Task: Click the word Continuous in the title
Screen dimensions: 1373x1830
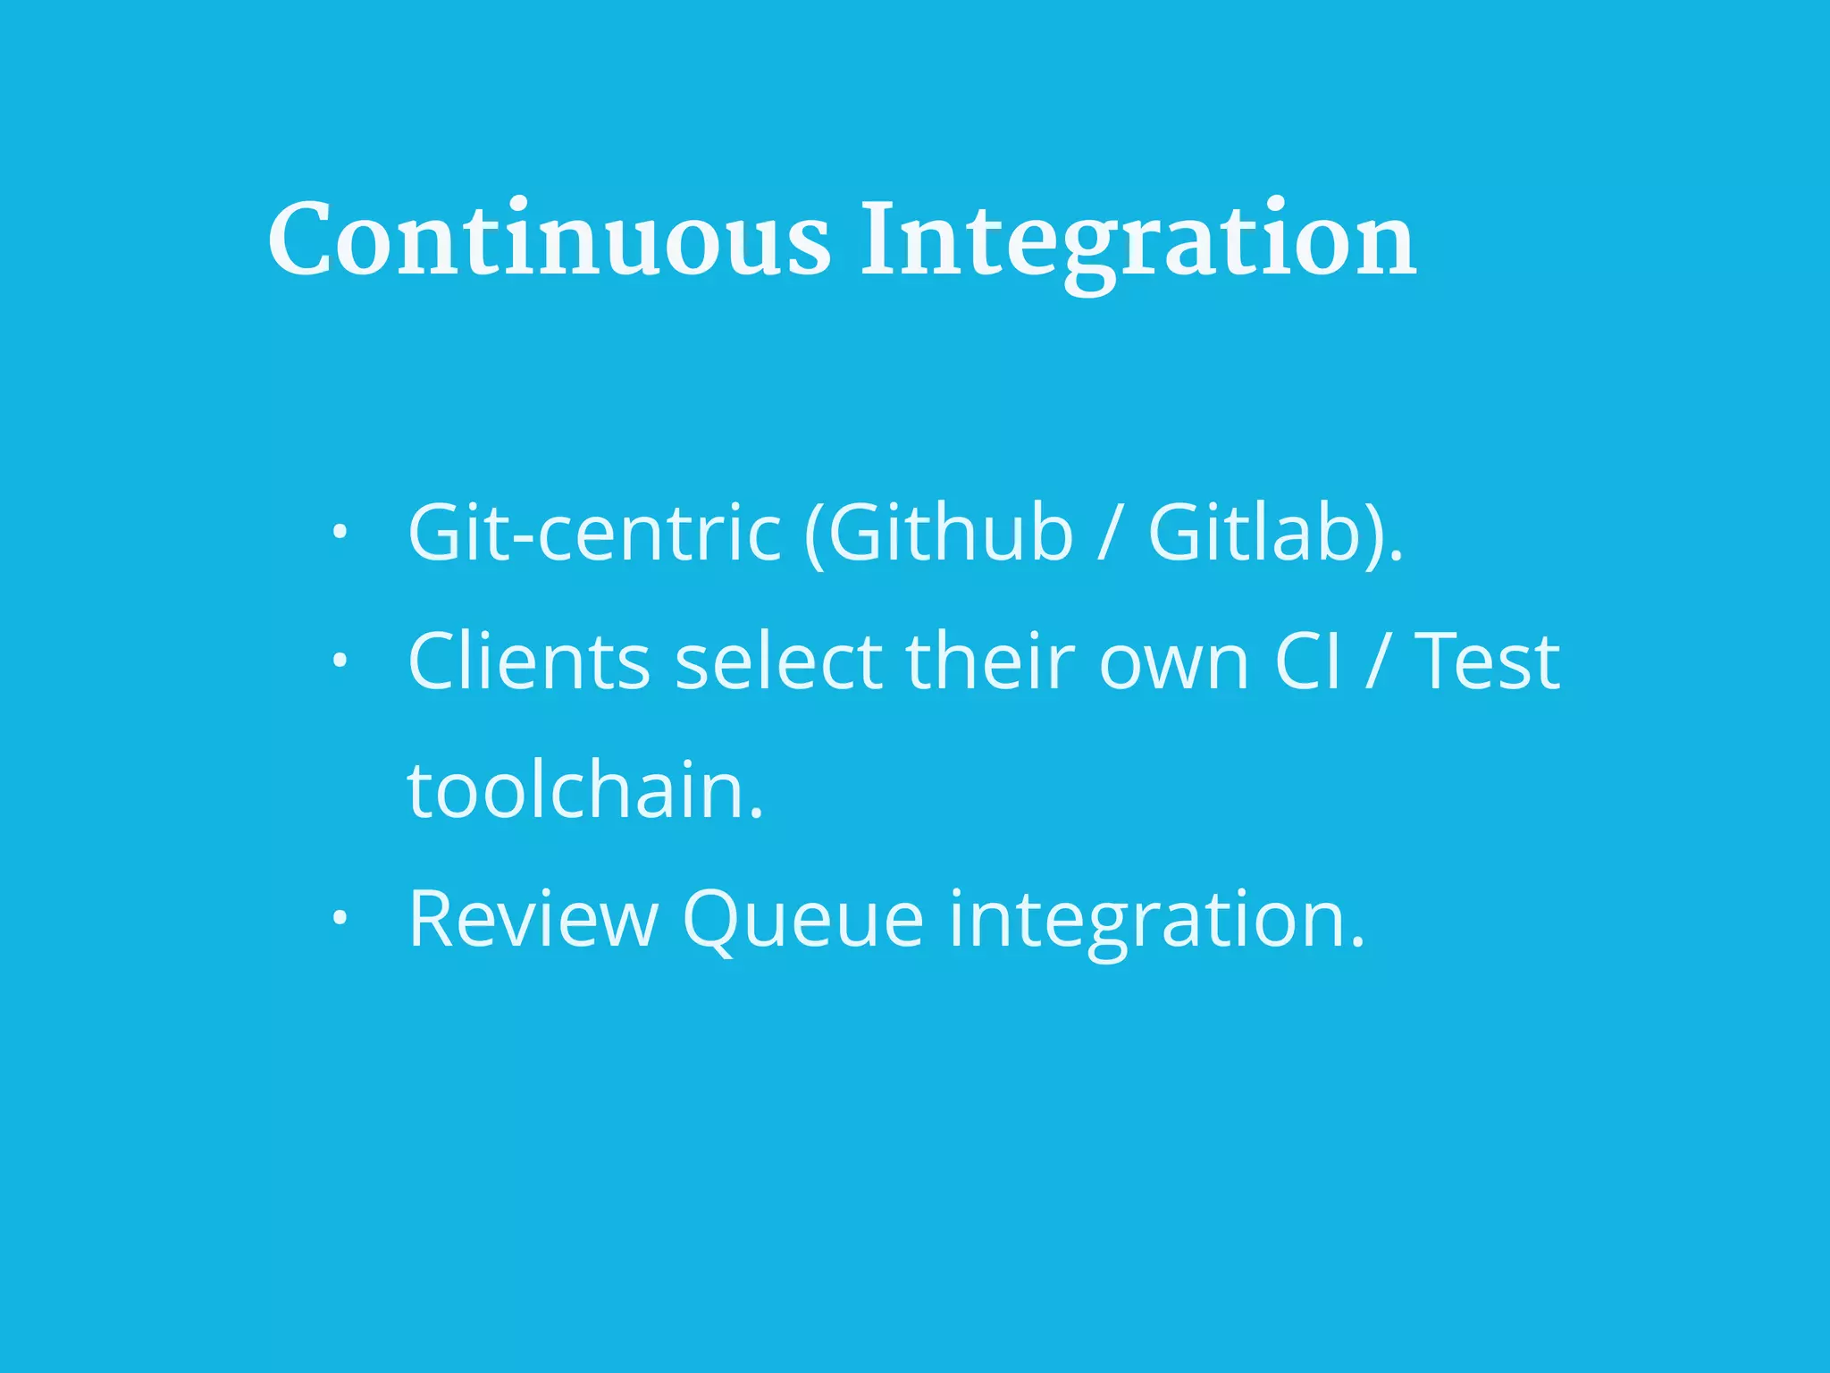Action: (549, 240)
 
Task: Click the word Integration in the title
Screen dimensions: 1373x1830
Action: (1137, 240)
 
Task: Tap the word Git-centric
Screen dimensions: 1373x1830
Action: (594, 533)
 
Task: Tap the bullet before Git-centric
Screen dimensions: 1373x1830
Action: (339, 534)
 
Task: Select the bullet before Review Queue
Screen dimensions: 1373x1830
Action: (339, 919)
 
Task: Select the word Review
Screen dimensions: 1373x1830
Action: (533, 919)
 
